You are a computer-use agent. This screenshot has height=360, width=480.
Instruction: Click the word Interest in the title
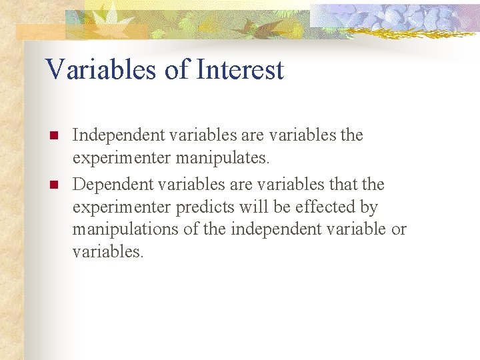pyautogui.click(x=238, y=70)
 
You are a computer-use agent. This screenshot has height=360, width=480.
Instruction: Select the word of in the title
pyautogui.click(x=176, y=70)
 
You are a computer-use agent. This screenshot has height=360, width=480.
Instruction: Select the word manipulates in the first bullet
pyautogui.click(x=228, y=159)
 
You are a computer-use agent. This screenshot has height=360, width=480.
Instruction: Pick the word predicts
pyautogui.click(x=205, y=207)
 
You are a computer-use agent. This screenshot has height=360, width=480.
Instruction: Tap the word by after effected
pyautogui.click(x=368, y=207)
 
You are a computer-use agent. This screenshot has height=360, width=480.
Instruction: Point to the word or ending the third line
pyautogui.click(x=399, y=229)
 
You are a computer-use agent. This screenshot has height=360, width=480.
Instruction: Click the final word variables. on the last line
pyautogui.click(x=107, y=252)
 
